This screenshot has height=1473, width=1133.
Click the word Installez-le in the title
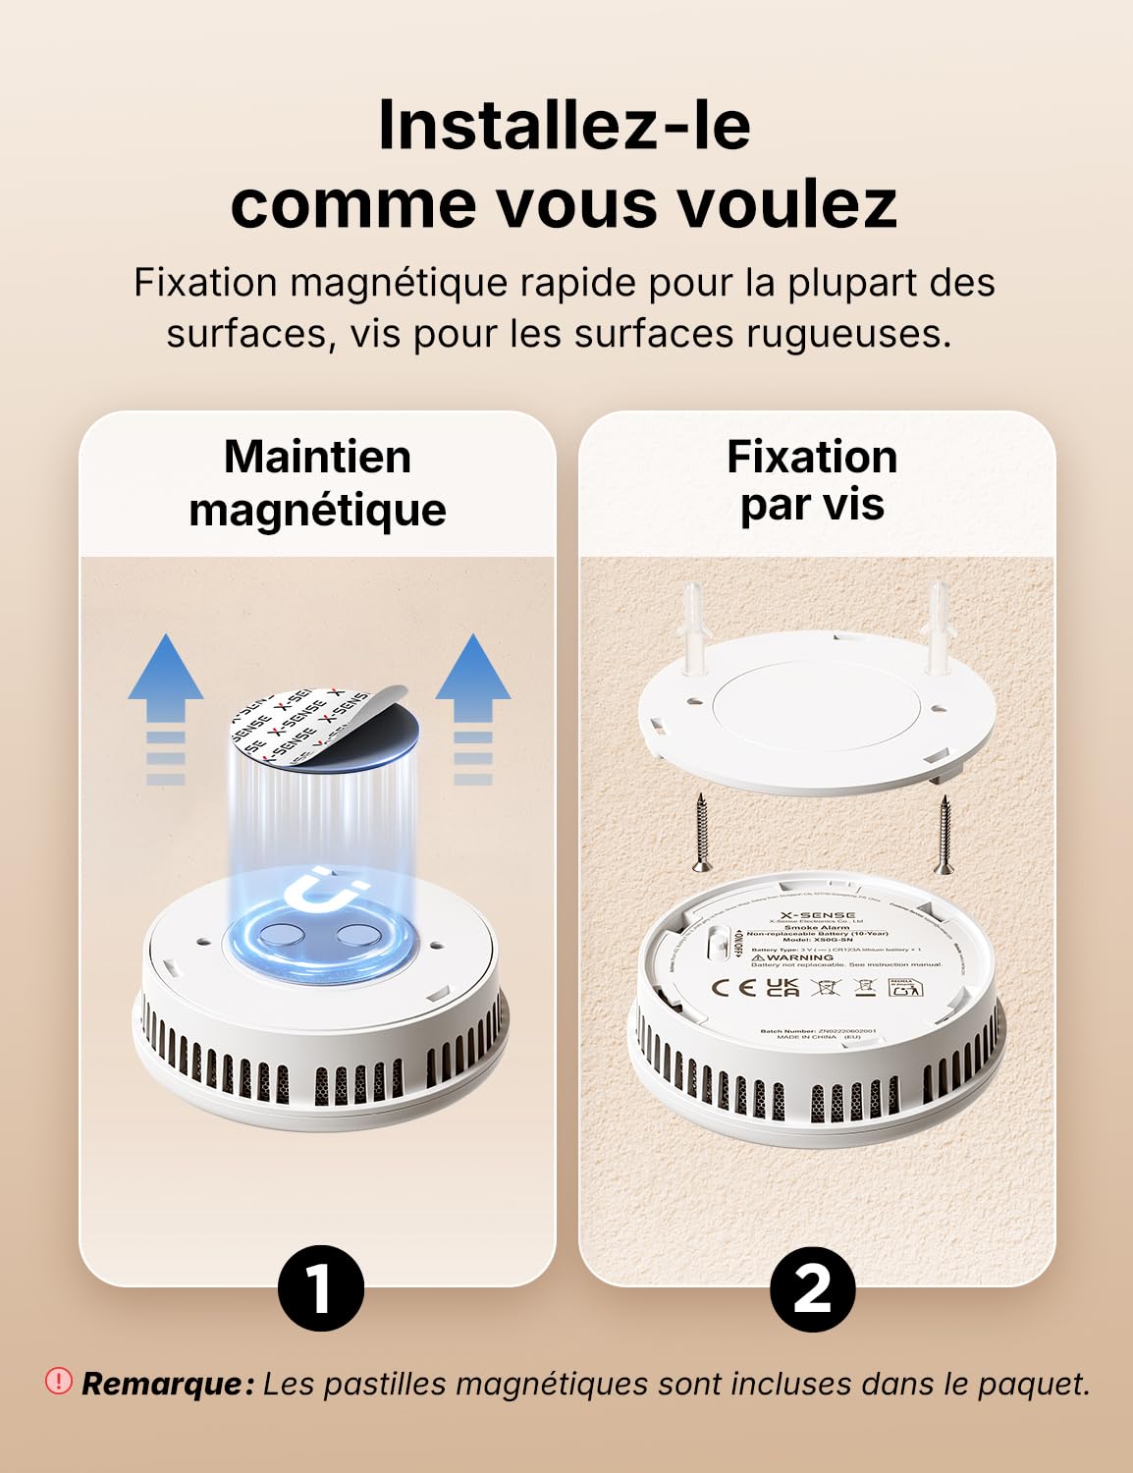pyautogui.click(x=565, y=126)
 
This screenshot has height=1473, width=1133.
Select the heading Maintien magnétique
pyautogui.click(x=317, y=483)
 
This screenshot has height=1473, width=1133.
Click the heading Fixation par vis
pyautogui.click(x=812, y=481)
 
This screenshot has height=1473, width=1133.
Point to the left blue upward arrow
pyautogui.click(x=166, y=707)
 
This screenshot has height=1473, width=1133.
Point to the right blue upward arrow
pyautogui.click(x=473, y=707)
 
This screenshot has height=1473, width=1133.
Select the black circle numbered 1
pyautogui.click(x=320, y=1287)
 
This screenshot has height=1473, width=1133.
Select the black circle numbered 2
pyautogui.click(x=812, y=1287)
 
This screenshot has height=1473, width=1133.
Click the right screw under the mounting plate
pyautogui.click(x=944, y=835)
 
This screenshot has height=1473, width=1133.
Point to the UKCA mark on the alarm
pyautogui.click(x=782, y=987)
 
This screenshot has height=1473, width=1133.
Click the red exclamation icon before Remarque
pyautogui.click(x=59, y=1382)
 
